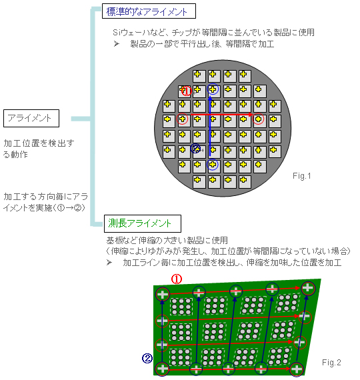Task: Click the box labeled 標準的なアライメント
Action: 149,11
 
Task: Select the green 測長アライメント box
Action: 142,223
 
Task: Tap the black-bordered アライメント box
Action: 31,118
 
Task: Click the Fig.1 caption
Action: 301,176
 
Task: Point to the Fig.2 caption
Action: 331,363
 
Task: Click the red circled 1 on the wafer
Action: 187,91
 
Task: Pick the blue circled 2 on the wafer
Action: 195,148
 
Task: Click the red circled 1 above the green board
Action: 177,279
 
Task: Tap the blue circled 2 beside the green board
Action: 147,358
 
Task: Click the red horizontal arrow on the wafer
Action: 221,114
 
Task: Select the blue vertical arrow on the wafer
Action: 210,126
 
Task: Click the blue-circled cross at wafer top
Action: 213,89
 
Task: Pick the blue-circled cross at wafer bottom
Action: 213,165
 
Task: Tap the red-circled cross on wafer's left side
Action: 183,119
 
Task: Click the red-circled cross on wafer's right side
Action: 258,119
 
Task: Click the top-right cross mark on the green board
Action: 308,288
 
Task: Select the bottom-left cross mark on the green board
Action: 162,369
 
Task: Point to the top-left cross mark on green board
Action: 163,294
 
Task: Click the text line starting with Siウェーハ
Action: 213,33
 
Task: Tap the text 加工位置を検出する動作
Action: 39,149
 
